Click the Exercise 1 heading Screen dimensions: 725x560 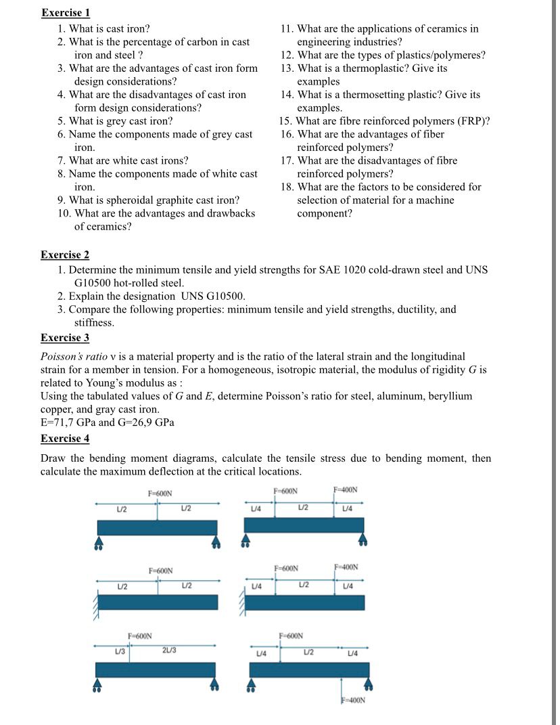(65, 13)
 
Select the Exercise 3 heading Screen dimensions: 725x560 (65, 338)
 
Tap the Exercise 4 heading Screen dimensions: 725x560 (65, 439)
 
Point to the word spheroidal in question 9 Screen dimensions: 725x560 (137, 200)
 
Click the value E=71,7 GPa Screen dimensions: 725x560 (68, 423)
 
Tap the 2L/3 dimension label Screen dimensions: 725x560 (169, 651)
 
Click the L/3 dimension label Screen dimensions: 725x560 (119, 651)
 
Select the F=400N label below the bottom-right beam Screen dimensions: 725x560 (352, 701)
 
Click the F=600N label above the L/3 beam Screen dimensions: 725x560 (140, 636)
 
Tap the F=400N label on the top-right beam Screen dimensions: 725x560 (346, 490)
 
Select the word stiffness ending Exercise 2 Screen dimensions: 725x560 (94, 323)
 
